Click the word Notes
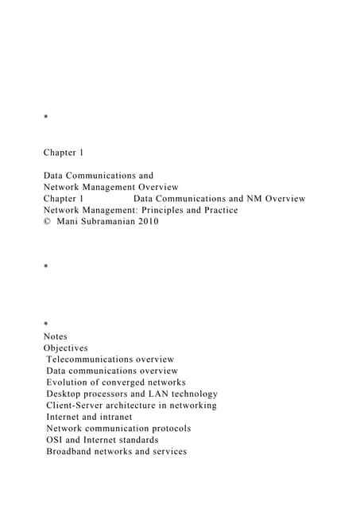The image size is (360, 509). [56, 336]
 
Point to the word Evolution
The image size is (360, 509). [68, 383]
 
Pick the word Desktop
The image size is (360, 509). [66, 394]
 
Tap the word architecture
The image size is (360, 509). [147, 406]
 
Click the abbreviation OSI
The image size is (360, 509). [56, 440]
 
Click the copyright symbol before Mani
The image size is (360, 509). [47, 222]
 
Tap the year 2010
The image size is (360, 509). [149, 222]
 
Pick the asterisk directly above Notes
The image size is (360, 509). [46, 325]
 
